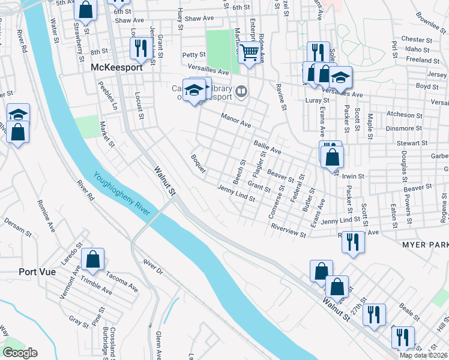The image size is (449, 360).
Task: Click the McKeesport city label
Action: (x=116, y=68)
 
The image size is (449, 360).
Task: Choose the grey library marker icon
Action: (x=241, y=91)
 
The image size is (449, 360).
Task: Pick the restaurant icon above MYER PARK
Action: (x=353, y=242)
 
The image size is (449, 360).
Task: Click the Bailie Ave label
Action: (x=267, y=147)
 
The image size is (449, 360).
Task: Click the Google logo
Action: (x=20, y=353)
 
